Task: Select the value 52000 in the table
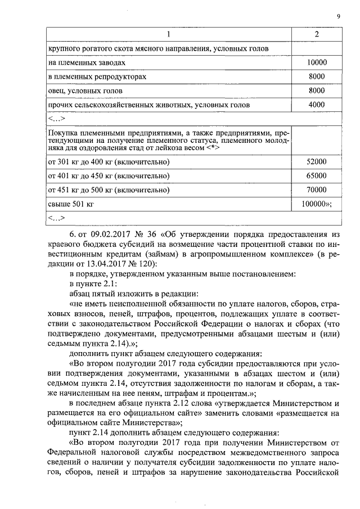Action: [317, 162]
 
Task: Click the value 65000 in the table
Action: [317, 175]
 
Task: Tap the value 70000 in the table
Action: [317, 190]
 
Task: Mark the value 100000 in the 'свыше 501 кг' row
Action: [315, 204]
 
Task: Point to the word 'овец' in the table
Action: [57, 91]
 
